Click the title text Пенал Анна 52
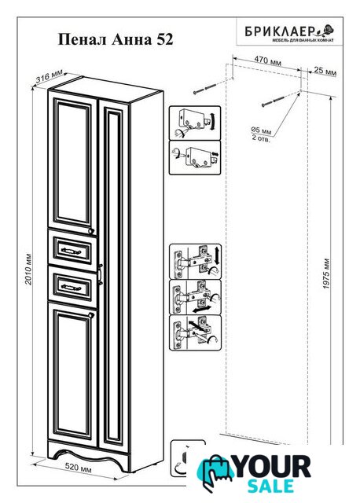coord(116,40)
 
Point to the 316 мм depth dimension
coord(49,77)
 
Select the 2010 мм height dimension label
coord(28,269)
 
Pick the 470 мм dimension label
coord(267,60)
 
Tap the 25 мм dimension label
coord(325,71)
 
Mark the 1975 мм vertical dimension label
coord(326,274)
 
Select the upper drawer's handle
coord(71,251)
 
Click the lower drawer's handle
coord(71,287)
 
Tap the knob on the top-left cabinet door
coord(91,230)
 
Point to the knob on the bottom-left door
coord(91,315)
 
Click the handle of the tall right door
coord(101,274)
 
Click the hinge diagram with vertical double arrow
coord(195,262)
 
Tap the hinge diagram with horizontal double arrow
coord(195,297)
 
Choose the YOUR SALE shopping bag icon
coord(215,472)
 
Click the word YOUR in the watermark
coord(272,467)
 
